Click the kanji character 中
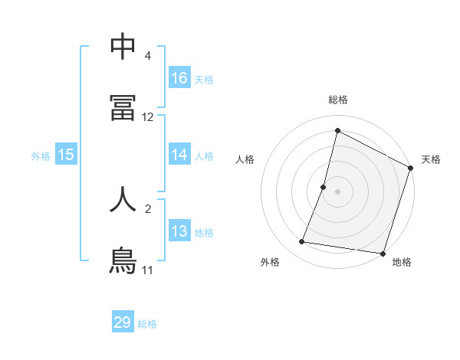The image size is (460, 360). [x=123, y=47]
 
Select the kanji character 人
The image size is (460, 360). [x=123, y=198]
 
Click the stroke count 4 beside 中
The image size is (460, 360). [x=147, y=56]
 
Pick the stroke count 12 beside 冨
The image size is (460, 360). [x=148, y=117]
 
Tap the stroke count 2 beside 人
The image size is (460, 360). [x=147, y=208]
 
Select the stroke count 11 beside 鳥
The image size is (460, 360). [x=147, y=270]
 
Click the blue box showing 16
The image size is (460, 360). [x=179, y=78]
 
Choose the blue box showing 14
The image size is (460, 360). [x=179, y=155]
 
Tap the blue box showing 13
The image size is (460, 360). [x=179, y=231]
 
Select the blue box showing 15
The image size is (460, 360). [x=66, y=155]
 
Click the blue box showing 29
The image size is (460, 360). [x=123, y=322]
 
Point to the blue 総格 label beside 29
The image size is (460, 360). [x=148, y=324]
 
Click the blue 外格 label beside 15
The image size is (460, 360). [x=41, y=156]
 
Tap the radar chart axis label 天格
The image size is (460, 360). [x=431, y=159]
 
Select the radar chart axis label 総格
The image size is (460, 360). [x=338, y=100]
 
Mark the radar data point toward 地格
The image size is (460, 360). [x=383, y=254]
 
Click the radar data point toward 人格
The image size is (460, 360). [x=324, y=187]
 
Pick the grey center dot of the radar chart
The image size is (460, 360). [x=338, y=191]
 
